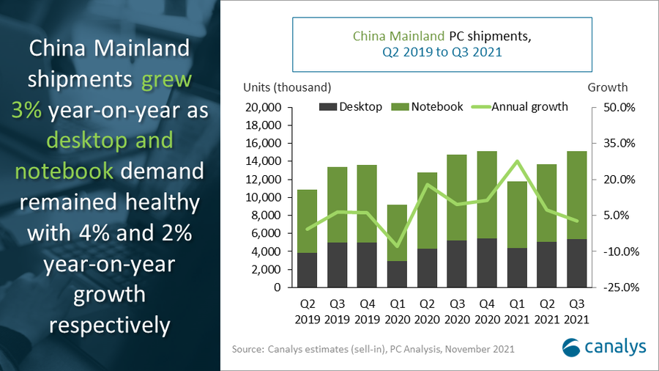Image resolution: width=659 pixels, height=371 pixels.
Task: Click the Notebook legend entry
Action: click(x=428, y=107)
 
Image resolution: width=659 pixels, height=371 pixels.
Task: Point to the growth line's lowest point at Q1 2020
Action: click(x=397, y=246)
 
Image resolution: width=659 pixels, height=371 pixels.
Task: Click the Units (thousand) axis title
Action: click(x=287, y=87)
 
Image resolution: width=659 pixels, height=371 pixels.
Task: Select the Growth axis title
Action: click(x=607, y=87)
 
